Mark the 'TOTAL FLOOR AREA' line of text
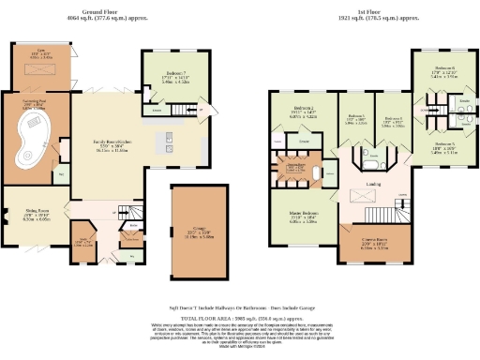240,317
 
